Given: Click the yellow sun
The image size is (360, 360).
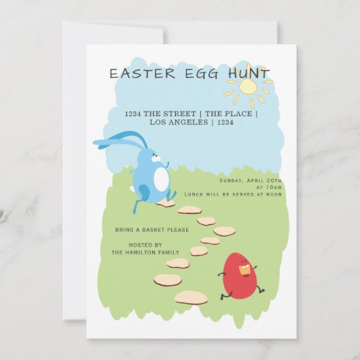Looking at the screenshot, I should pyautogui.click(x=249, y=86).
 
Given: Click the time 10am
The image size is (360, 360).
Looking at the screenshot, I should pyautogui.click(x=272, y=187).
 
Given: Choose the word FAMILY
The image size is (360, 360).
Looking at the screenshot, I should pyautogui.click(x=169, y=252).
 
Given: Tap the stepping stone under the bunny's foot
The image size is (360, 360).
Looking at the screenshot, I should pyautogui.click(x=165, y=202).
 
